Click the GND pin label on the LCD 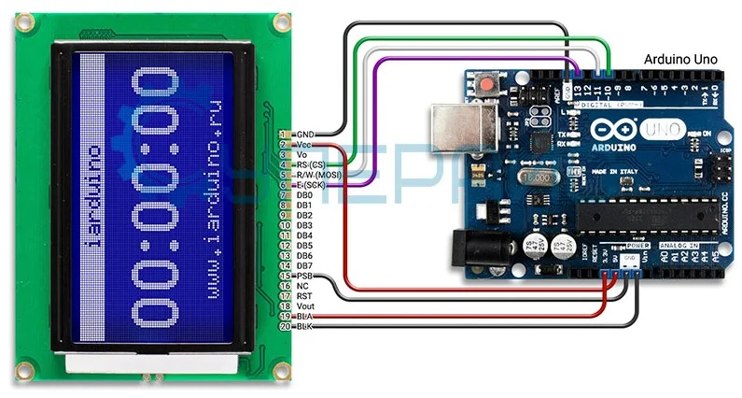point(304,135)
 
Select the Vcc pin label point(303,145)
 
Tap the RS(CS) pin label point(309,164)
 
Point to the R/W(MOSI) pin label point(315,175)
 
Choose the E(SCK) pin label point(311,185)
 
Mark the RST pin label point(303,296)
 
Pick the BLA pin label point(303,317)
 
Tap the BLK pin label point(303,327)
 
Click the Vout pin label point(304,306)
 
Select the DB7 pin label point(304,266)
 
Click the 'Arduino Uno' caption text point(680,58)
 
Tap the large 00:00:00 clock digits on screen point(156,196)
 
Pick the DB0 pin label point(304,195)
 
